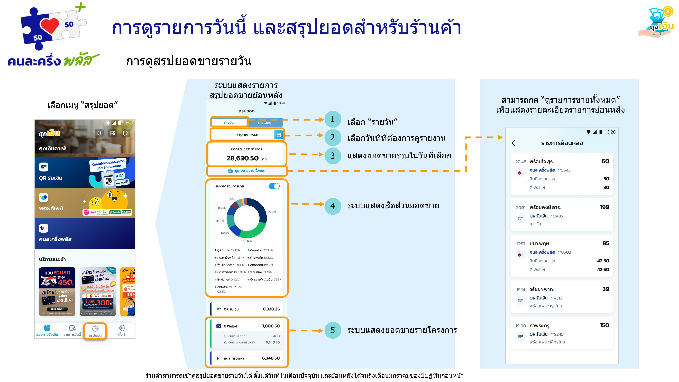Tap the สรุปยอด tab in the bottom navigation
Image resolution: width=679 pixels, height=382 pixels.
tap(95, 331)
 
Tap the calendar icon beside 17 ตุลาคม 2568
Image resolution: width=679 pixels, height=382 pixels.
tap(279, 135)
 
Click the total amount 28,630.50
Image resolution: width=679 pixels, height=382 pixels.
tap(243, 158)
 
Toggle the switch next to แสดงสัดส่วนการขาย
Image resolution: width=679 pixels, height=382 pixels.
tap(274, 186)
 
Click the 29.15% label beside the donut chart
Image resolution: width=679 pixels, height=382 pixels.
tap(272, 212)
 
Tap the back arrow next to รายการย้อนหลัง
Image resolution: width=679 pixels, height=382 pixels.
tap(515, 143)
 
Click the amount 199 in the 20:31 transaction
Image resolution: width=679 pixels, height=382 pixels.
tap(604, 207)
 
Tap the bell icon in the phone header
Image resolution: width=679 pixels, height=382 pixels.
tap(99, 133)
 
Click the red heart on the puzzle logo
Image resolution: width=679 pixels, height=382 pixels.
tap(50, 26)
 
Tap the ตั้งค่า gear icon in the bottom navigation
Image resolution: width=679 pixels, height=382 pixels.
tap(122, 328)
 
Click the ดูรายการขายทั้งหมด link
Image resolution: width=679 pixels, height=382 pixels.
tap(247, 171)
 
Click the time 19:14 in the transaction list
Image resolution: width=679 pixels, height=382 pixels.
tap(521, 289)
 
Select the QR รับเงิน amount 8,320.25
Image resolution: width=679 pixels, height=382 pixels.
tap(271, 309)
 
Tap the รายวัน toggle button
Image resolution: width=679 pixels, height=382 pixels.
tap(229, 122)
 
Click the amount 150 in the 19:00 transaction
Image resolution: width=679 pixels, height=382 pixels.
tap(604, 325)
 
